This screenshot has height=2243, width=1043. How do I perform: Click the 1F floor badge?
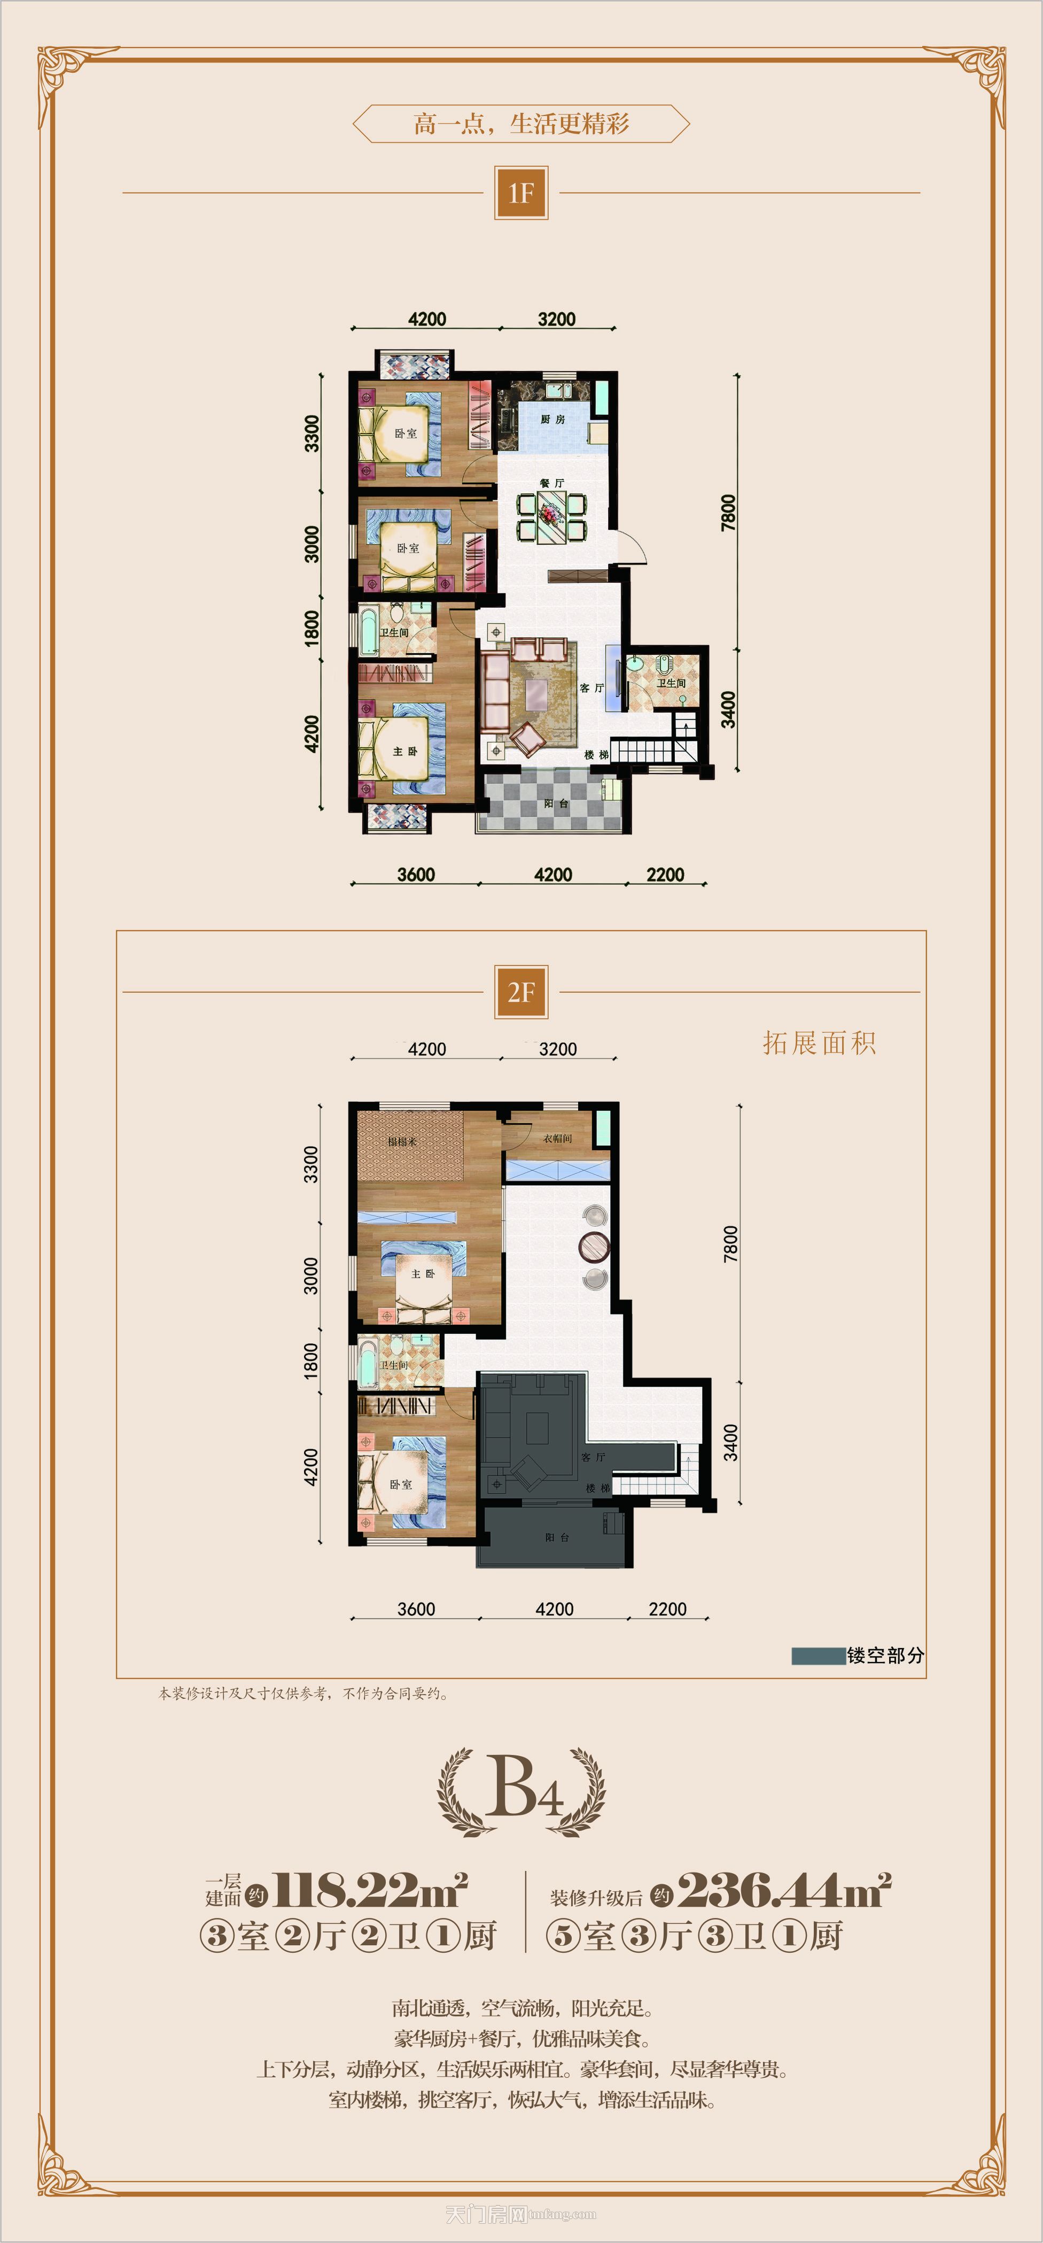(520, 192)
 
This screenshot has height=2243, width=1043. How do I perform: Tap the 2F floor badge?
(520, 992)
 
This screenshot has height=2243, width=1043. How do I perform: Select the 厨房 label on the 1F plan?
(553, 419)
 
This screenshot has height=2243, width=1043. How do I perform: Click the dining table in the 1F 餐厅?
(551, 516)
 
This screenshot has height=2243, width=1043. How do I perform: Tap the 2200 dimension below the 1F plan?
(665, 874)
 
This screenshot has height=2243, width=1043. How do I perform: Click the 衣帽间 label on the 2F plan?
(557, 1138)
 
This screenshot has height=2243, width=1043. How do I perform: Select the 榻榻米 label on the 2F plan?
(402, 1141)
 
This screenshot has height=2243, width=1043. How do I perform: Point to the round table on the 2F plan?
(595, 1247)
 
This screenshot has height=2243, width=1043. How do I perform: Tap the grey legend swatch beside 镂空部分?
(818, 1656)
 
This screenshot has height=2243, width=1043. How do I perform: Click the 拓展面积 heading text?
(819, 1043)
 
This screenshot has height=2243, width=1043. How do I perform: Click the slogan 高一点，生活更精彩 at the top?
(520, 123)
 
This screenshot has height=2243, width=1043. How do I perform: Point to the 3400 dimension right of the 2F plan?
(730, 1442)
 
